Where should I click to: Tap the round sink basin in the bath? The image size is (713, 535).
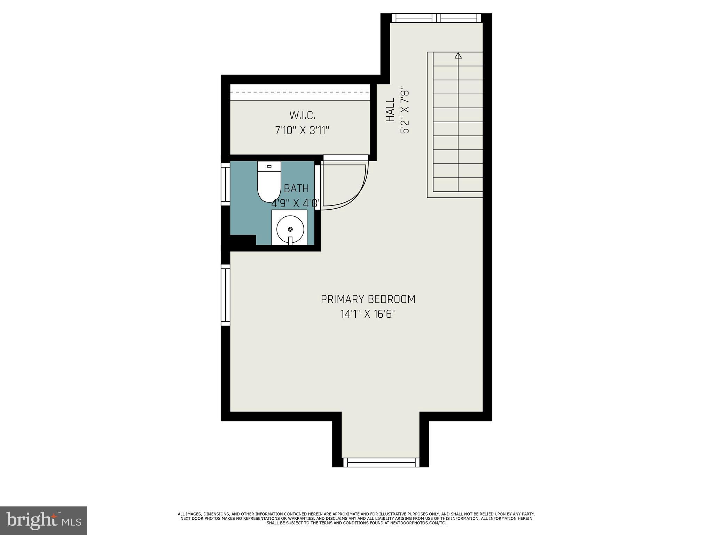[x=290, y=229]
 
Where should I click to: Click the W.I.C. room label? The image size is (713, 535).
[x=302, y=115]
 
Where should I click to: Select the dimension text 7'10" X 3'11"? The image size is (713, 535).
[x=302, y=131]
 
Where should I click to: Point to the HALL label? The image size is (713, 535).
[x=390, y=109]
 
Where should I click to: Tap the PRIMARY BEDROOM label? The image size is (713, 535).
[x=368, y=299]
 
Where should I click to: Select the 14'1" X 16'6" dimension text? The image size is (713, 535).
[x=368, y=315]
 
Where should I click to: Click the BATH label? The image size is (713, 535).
[x=296, y=188]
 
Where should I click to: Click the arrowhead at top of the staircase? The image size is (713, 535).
[x=458, y=55]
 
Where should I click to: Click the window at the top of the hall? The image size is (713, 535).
[x=436, y=18]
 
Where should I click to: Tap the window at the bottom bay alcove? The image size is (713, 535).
[x=381, y=462]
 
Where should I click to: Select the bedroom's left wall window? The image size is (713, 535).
[x=226, y=295]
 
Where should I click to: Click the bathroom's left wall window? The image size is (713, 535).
[x=226, y=184]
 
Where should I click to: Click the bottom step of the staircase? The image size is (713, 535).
[x=458, y=185]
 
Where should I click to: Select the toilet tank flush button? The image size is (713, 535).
[x=269, y=166]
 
